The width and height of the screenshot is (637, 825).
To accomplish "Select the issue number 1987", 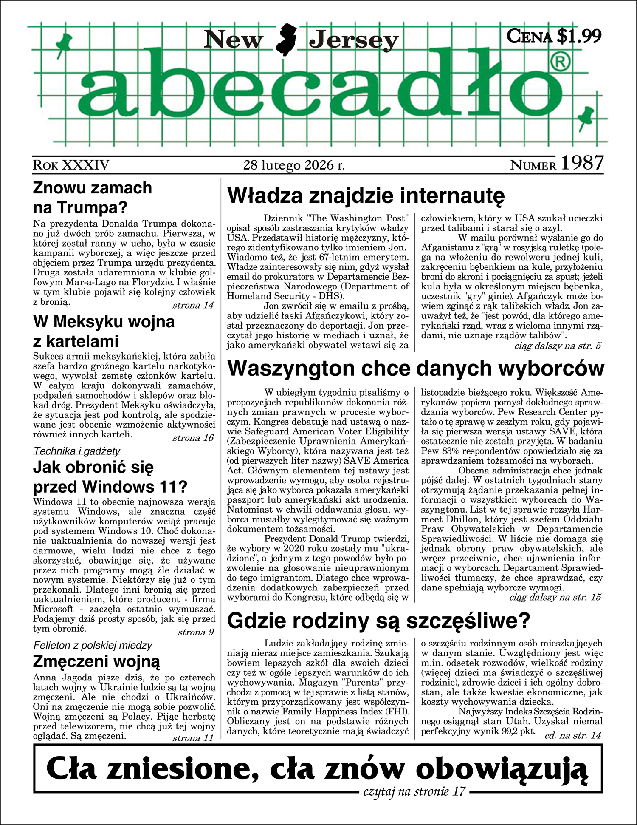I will coord(582,163).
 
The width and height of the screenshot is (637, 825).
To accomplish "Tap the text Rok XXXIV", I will coord(71,165).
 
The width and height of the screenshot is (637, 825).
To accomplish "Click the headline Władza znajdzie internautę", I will coord(366,196).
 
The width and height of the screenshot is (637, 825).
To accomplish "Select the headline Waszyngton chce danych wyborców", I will coord(415,368).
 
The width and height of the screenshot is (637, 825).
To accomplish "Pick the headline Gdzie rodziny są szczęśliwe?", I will coord(379,621).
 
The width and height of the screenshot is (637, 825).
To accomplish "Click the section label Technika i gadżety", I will coord(76,451).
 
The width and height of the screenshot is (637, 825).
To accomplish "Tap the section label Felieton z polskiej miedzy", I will coord(93,645).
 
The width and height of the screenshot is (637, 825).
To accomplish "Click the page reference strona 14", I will coord(193,305).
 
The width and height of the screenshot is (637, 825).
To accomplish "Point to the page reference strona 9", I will coord(195,632).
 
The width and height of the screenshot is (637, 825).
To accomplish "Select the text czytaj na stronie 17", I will coord(414,791).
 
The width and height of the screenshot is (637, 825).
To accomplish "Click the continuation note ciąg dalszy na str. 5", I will coord(557,346).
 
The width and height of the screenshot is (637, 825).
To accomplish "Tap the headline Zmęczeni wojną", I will coord(96,661).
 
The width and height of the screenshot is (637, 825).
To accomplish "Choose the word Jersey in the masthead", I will coord(354,40).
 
